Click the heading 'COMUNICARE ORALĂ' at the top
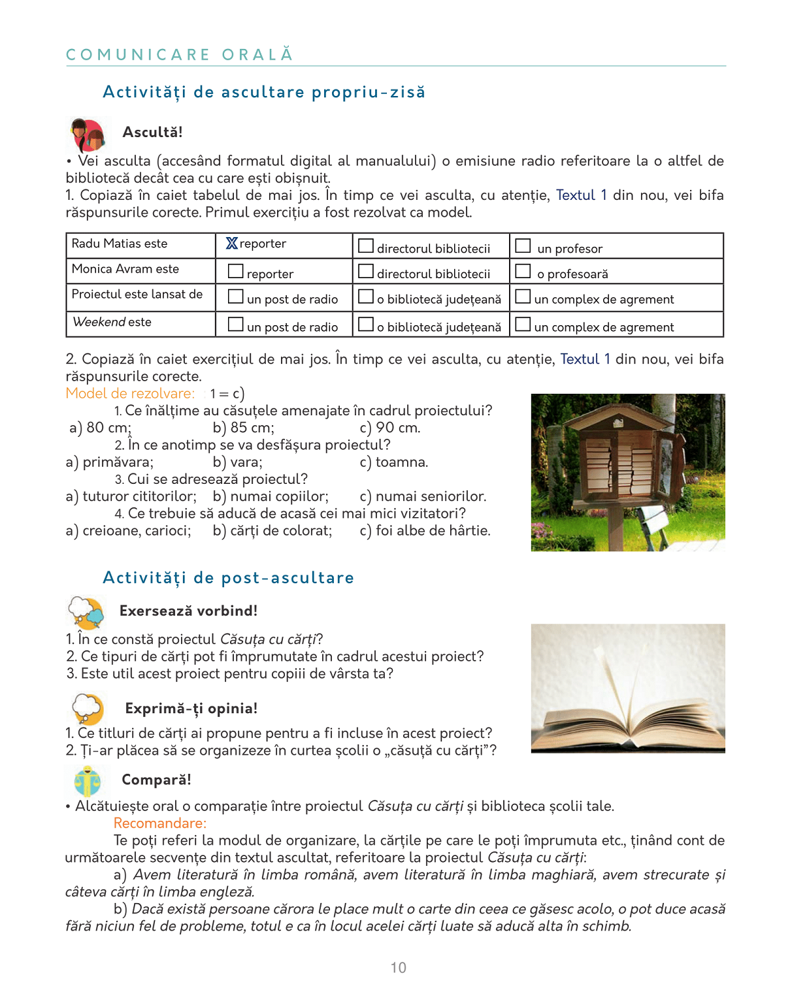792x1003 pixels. coord(180,54)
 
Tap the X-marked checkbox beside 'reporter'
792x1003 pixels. coord(232,244)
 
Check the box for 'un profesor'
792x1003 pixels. coord(523,246)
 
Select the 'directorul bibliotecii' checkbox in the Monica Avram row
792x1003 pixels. coord(366,271)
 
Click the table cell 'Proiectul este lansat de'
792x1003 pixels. coord(137,295)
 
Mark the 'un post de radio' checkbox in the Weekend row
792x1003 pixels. coord(235,324)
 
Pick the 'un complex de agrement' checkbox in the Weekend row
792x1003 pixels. coord(523,324)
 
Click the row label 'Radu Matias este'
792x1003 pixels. coord(120,244)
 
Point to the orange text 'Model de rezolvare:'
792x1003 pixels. coord(130,394)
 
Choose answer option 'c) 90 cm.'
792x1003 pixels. coord(390,428)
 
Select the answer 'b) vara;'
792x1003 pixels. coord(238,462)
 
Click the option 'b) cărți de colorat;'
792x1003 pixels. coord(272,531)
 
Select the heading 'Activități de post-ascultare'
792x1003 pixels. coord(228,578)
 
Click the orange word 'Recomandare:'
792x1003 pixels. coord(160,823)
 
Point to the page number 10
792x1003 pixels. coord(399,968)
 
